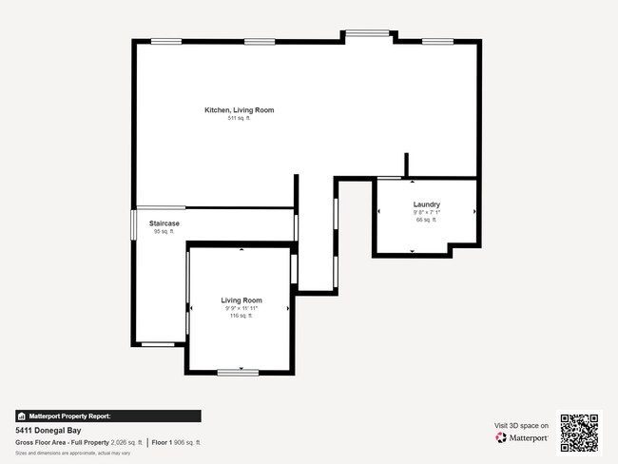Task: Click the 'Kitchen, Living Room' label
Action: [x=239, y=110]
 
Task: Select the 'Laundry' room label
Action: [x=425, y=204]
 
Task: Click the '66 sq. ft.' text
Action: [x=425, y=220]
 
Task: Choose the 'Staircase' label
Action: [x=164, y=223]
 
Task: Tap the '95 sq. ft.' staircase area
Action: [x=164, y=231]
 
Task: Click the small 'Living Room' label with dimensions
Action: [x=242, y=300]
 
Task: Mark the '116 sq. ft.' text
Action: [x=242, y=316]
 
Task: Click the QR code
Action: [x=579, y=433]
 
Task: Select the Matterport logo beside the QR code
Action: [x=522, y=438]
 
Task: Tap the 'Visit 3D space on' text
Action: [x=521, y=426]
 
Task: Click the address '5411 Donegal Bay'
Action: [x=46, y=430]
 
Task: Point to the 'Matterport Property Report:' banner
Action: [x=107, y=416]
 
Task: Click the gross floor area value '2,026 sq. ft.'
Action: [x=126, y=442]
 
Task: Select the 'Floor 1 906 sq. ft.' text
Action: [x=177, y=442]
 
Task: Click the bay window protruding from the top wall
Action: [x=367, y=34]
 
